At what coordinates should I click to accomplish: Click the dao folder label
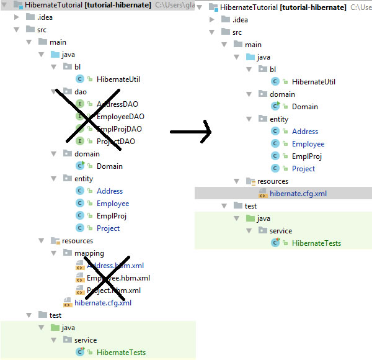tap(80, 92)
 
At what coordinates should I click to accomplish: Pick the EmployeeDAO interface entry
tap(120, 117)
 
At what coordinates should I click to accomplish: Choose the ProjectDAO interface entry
tap(116, 142)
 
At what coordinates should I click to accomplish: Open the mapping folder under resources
tap(91, 253)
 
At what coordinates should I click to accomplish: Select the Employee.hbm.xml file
tap(118, 278)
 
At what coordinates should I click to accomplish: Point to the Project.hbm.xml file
tap(113, 290)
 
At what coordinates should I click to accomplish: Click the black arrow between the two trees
tap(190, 131)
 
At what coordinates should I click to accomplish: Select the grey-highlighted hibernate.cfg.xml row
tap(298, 194)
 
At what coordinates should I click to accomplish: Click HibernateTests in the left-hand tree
tap(121, 353)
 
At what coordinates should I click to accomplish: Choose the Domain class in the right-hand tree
tap(304, 107)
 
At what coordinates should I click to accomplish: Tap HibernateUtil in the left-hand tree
tap(118, 79)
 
